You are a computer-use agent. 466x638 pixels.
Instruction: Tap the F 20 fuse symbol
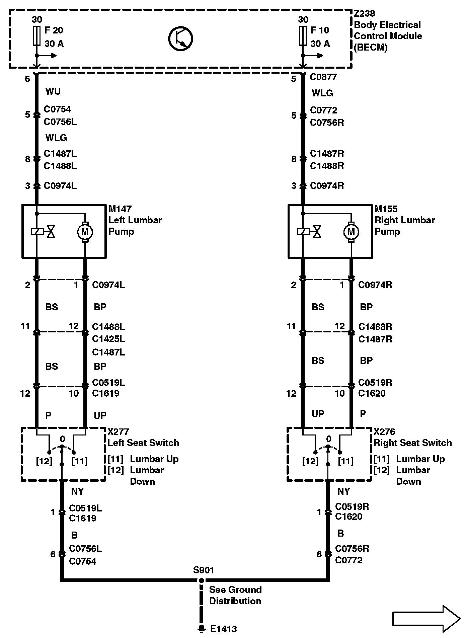(x=36, y=35)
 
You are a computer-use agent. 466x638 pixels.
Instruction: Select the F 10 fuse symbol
(x=303, y=35)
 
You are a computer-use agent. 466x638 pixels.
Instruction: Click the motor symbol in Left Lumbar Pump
(x=85, y=232)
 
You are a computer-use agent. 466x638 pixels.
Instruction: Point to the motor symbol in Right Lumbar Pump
(x=351, y=232)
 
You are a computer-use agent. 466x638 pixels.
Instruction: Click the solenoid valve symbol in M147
(x=43, y=231)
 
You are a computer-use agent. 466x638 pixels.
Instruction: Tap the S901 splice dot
(x=201, y=581)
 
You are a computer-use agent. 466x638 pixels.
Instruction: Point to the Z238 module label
(x=365, y=14)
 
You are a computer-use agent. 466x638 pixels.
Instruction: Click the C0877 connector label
(x=323, y=77)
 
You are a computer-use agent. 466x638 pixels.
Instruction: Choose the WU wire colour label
(x=53, y=91)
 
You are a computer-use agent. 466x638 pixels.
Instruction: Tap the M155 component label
(x=386, y=209)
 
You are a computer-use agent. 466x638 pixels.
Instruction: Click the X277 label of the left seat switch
(x=118, y=431)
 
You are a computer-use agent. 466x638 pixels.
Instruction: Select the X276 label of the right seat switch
(x=384, y=431)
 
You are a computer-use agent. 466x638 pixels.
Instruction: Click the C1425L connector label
(x=108, y=339)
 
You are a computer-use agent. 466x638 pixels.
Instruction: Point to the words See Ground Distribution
(x=235, y=595)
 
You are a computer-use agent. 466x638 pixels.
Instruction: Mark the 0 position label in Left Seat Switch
(x=62, y=439)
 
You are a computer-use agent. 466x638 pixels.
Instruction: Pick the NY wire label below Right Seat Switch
(x=344, y=491)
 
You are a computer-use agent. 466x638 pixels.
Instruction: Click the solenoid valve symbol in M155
(x=309, y=231)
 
